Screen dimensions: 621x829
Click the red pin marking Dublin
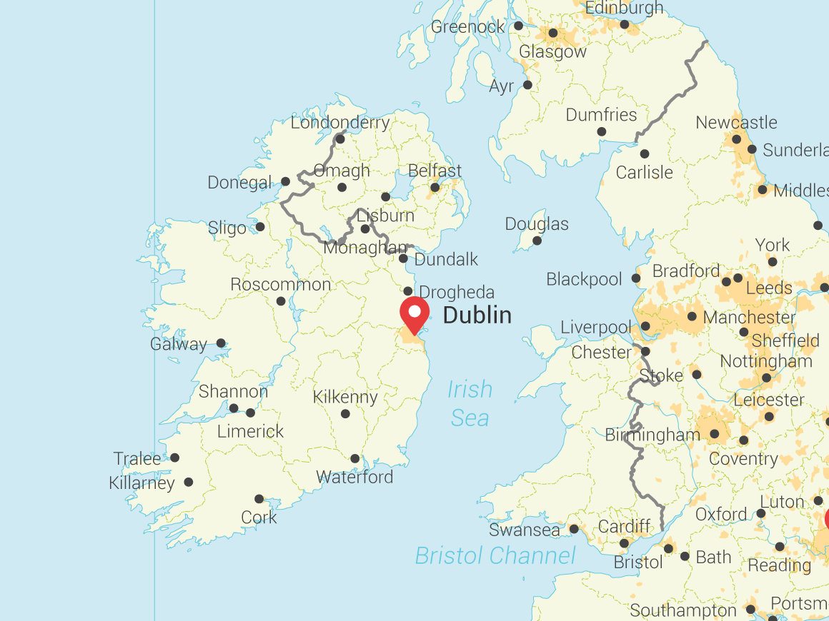[414, 314]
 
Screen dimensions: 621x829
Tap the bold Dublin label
[477, 315]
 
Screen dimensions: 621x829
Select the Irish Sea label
[470, 403]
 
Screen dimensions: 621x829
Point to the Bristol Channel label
[495, 555]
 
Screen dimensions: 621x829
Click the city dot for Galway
[221, 343]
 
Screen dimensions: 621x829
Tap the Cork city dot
[259, 499]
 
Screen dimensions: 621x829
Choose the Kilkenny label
[345, 397]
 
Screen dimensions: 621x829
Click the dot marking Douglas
[537, 241]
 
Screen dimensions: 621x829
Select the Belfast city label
[435, 171]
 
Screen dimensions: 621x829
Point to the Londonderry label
[340, 123]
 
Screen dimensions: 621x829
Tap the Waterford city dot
[355, 458]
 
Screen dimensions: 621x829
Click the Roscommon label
[281, 285]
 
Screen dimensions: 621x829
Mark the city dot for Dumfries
[601, 132]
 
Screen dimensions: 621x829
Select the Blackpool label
[584, 279]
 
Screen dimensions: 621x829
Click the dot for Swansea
[574, 529]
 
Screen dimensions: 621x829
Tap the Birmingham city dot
[714, 434]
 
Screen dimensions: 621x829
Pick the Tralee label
[137, 458]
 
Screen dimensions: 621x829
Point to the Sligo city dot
[260, 227]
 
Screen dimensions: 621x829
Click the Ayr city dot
[527, 85]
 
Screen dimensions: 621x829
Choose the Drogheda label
[457, 293]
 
